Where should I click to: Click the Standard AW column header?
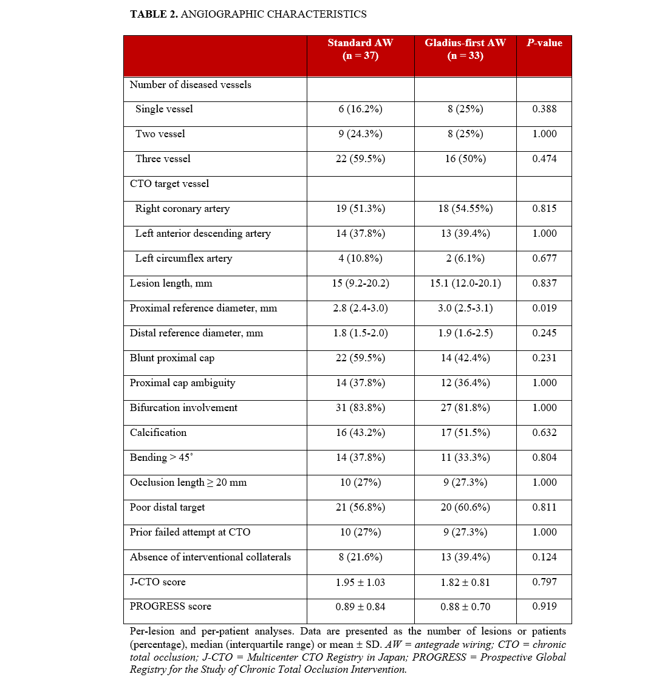pos(360,49)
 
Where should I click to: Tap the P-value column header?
pos(544,43)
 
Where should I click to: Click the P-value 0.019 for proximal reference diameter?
pos(544,308)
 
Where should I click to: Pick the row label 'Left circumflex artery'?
pos(183,259)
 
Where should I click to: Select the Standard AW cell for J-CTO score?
pos(360,582)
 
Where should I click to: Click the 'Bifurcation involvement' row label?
pos(183,408)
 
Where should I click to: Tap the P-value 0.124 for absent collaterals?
pos(544,557)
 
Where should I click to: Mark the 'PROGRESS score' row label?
pos(170,607)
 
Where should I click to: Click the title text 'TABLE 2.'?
pos(154,13)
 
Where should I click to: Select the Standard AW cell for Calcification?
pos(360,433)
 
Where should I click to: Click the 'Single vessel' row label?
pos(164,109)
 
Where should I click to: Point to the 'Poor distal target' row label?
pos(168,508)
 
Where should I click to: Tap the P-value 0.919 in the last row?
pos(544,607)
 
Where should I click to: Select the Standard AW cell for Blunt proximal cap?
pos(360,358)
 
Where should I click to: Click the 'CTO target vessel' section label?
pos(169,184)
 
